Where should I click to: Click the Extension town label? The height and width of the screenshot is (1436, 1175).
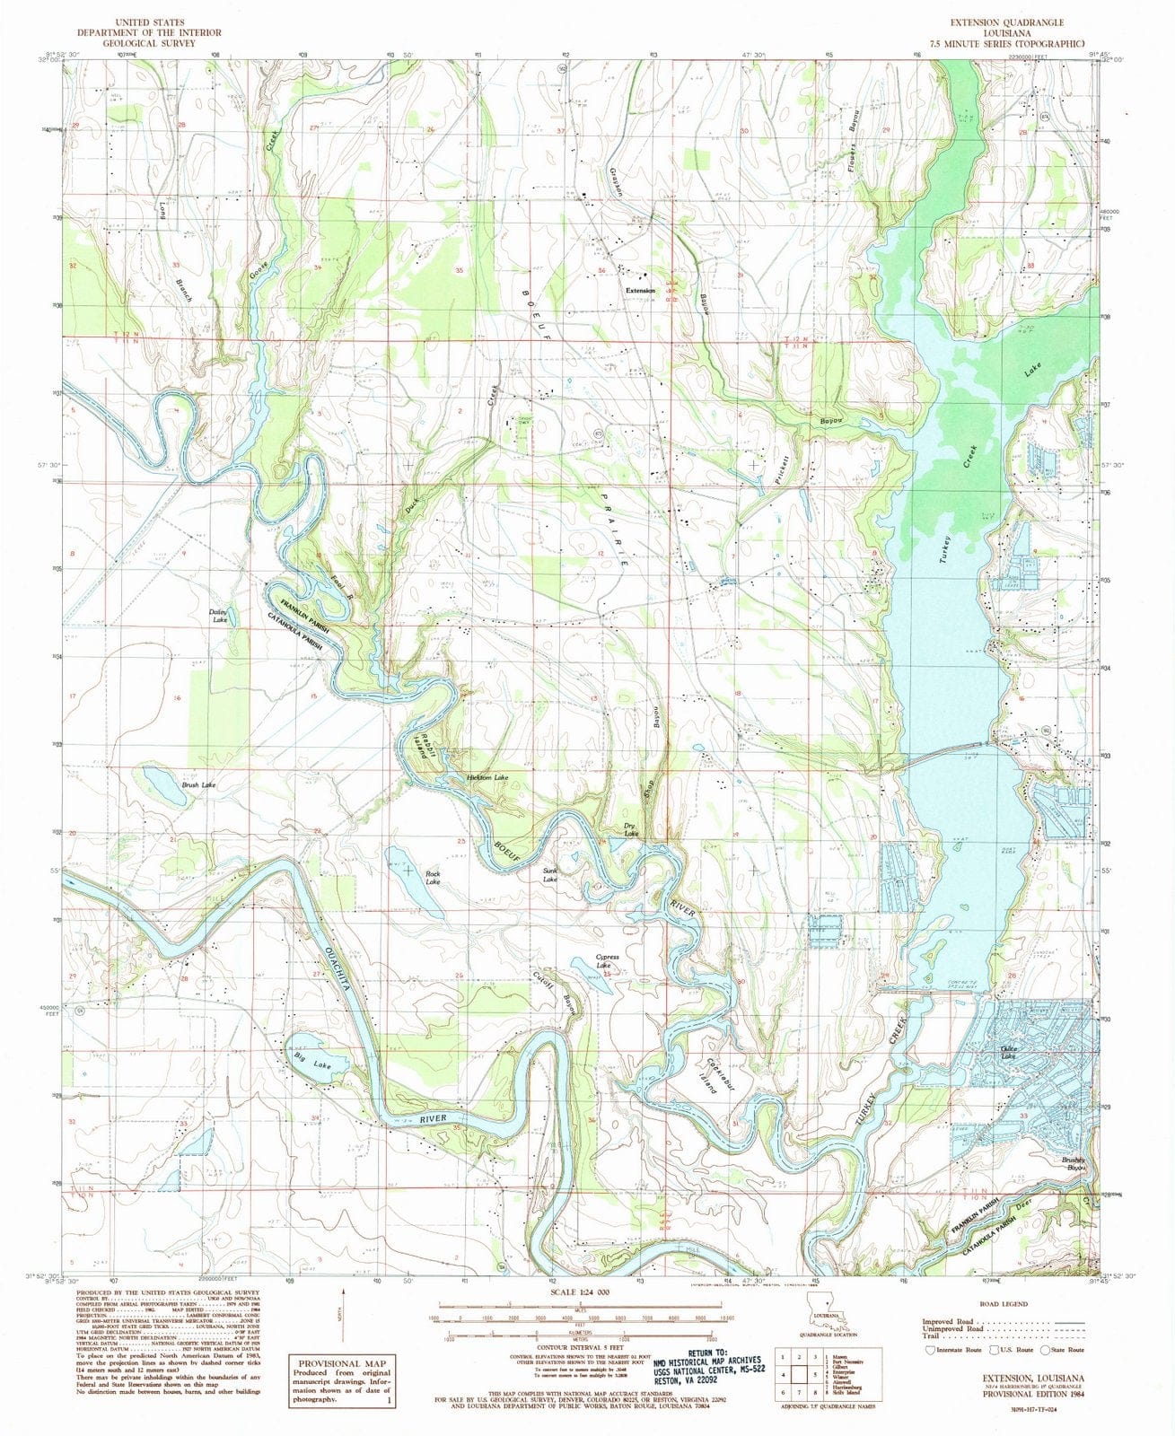point(641,293)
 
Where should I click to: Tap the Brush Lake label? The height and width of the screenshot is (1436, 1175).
point(197,784)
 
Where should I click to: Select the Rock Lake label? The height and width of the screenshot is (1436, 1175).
point(433,879)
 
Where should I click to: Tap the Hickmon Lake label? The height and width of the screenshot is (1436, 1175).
point(487,776)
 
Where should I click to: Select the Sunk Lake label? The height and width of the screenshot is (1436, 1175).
point(549,874)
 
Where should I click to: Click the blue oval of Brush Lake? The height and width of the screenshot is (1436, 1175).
point(162,784)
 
